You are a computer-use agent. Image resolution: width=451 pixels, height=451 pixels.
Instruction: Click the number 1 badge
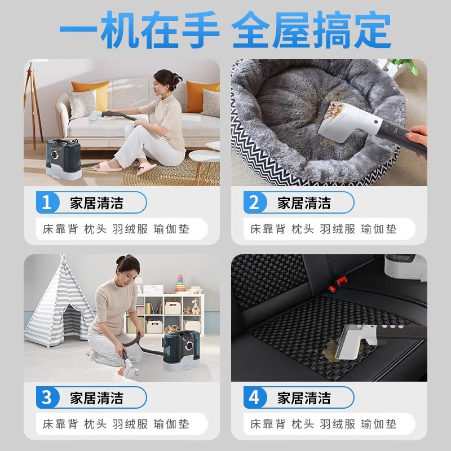(47, 202)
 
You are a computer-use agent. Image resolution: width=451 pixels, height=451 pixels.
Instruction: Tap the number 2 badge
(254, 202)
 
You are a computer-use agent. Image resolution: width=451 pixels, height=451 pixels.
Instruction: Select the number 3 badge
(47, 397)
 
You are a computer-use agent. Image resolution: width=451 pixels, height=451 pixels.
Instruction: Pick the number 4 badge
(254, 397)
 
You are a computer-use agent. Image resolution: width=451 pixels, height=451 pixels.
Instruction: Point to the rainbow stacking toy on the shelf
(180, 284)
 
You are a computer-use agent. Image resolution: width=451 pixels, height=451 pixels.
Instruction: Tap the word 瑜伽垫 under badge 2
(379, 229)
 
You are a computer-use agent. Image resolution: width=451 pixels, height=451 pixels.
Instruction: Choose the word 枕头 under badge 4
(303, 425)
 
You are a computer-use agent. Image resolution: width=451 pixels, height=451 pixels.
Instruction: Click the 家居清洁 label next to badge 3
(96, 397)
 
